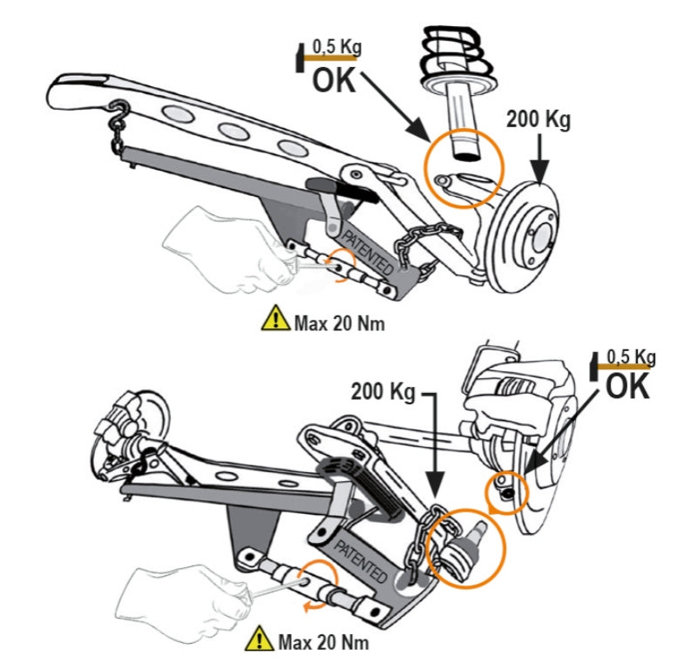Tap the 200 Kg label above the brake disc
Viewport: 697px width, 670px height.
click(x=540, y=121)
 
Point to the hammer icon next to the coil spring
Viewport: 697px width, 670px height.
click(x=301, y=57)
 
